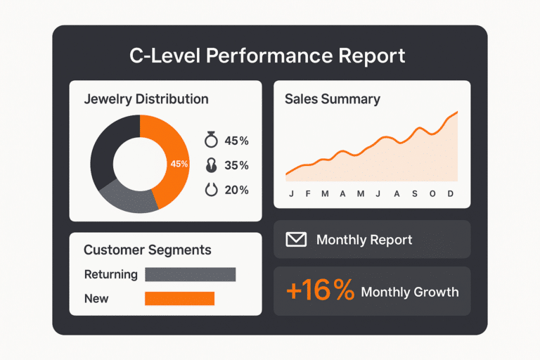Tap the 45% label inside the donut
(179, 164)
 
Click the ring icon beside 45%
(210, 140)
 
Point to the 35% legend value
(236, 165)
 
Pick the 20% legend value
(236, 190)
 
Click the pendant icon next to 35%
(210, 165)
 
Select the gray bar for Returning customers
(190, 274)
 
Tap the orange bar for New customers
(179, 298)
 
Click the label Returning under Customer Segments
(110, 274)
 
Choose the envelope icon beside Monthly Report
(296, 240)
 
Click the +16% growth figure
(320, 291)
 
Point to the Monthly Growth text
(409, 292)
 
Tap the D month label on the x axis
(451, 194)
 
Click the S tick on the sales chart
(415, 194)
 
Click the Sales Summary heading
(332, 99)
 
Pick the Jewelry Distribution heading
(146, 99)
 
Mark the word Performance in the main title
(269, 56)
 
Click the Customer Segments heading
(147, 250)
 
